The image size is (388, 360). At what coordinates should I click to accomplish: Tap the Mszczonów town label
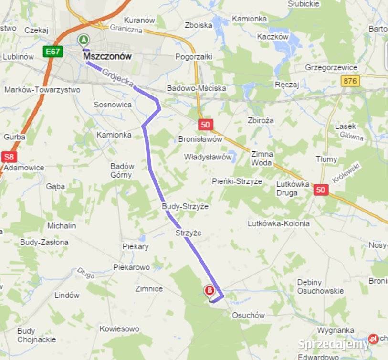[x=107, y=56]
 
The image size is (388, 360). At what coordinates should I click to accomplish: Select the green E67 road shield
[x=52, y=51]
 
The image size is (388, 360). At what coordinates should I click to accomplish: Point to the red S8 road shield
[x=9, y=156]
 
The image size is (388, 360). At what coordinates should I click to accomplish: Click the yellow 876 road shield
[x=350, y=81]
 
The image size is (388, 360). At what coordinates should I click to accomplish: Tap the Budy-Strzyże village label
[x=186, y=206]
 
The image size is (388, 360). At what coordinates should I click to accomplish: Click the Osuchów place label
[x=248, y=315]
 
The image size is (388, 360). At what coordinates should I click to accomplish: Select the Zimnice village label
[x=149, y=288]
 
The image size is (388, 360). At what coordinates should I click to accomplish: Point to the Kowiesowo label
[x=119, y=328]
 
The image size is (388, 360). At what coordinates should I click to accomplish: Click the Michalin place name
[x=62, y=225]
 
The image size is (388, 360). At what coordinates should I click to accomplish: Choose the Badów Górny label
[x=122, y=170]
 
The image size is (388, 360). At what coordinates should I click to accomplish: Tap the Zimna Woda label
[x=262, y=158]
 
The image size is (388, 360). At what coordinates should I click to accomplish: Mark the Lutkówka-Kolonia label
[x=279, y=223]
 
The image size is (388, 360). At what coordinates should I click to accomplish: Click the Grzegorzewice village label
[x=332, y=67]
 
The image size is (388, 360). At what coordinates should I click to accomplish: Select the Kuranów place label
[x=139, y=20]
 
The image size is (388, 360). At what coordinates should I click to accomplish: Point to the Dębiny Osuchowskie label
[x=320, y=286]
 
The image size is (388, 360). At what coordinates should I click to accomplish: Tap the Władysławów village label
[x=208, y=157]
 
